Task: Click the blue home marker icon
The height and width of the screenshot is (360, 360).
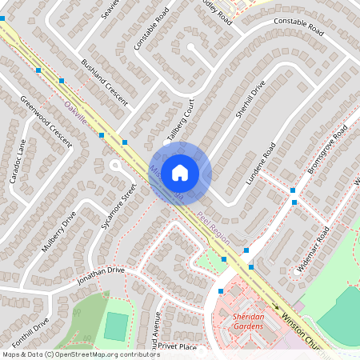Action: coord(180,172)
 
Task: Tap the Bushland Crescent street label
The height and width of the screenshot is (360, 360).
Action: coord(104,82)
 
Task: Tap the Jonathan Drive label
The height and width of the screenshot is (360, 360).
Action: coord(101,276)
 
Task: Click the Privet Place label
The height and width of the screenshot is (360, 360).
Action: coord(177,346)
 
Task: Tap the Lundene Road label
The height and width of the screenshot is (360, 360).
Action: coord(260,164)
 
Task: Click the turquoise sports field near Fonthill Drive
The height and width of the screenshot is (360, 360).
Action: coord(116,326)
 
